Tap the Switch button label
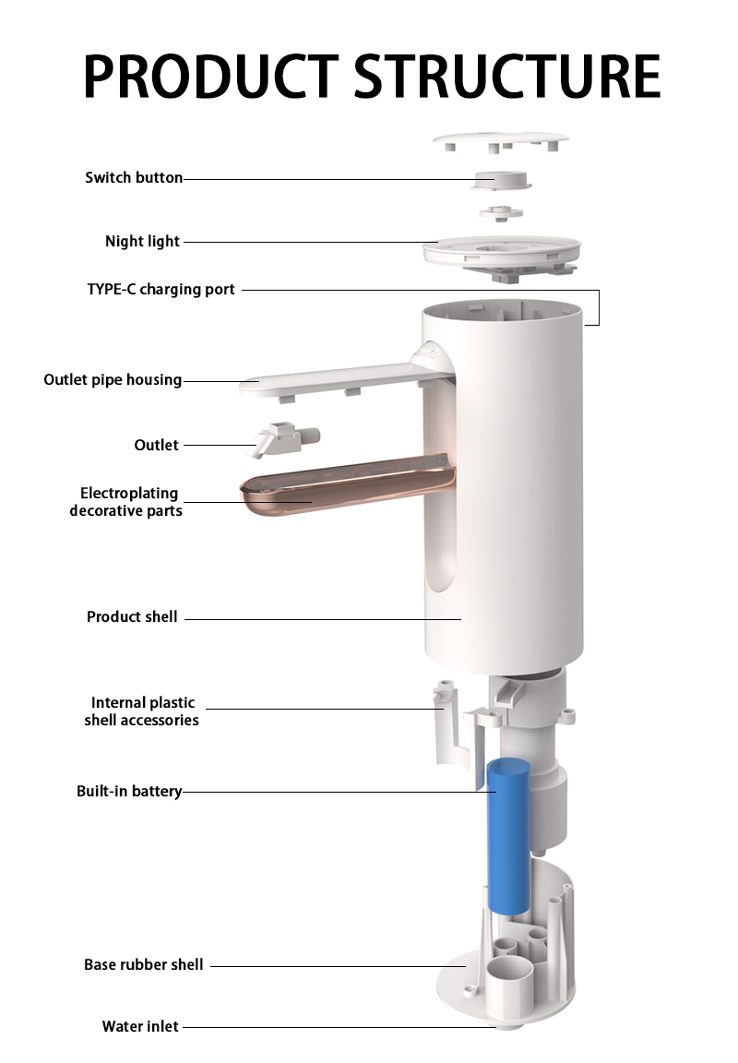pos(134,177)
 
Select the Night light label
pos(142,242)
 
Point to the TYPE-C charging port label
pos(161,290)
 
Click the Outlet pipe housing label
pos(113,379)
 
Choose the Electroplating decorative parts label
pos(125,502)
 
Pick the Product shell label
pos(132,617)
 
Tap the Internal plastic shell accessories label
pos(142,711)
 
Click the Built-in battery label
pos(129,791)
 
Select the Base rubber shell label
pos(144,964)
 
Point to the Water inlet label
pos(140,1026)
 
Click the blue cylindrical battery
pos(508,837)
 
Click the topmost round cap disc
pos(501,140)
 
